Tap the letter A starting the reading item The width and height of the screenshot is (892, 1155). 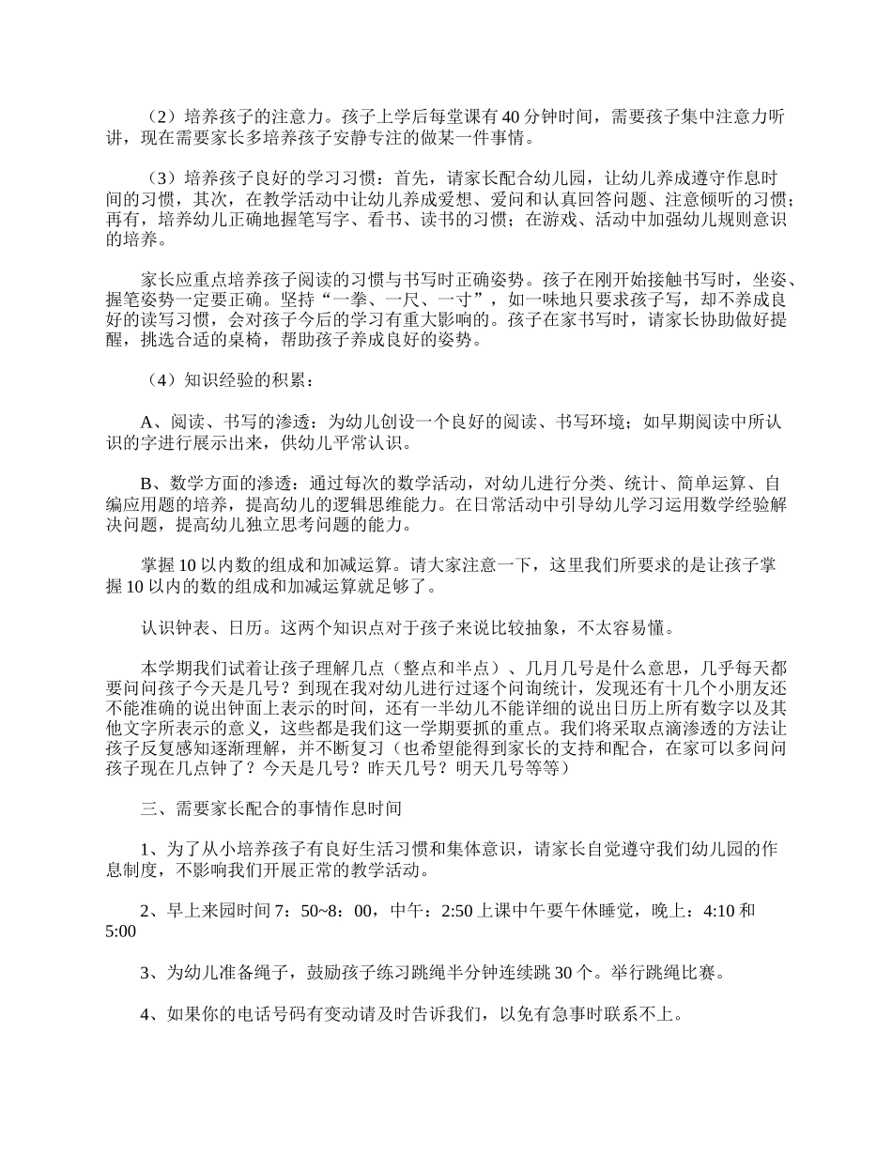[146, 422]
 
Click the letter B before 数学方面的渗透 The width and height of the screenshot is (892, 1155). [146, 484]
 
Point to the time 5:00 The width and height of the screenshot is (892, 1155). [121, 932]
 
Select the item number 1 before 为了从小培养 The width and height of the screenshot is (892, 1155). [145, 849]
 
